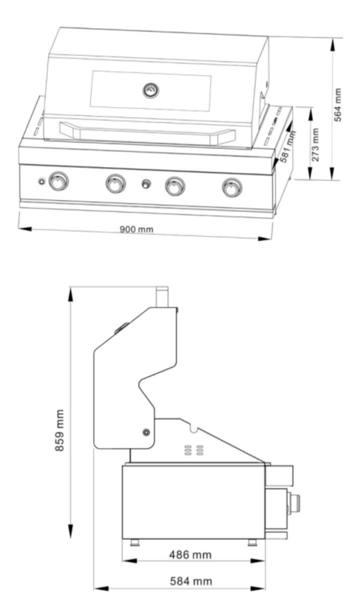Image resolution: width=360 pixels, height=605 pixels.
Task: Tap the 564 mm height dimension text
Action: click(x=339, y=104)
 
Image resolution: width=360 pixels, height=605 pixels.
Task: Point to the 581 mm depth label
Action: click(x=286, y=147)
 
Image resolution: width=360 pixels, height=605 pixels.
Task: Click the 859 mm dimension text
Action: click(x=59, y=431)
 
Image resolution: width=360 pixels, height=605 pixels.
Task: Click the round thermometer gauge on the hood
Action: click(x=151, y=90)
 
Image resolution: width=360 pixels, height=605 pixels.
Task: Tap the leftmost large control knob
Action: click(x=58, y=181)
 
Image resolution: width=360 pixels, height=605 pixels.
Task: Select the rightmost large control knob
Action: click(x=231, y=187)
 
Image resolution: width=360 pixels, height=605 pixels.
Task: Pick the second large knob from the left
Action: click(x=115, y=183)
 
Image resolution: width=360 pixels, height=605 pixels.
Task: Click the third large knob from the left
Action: click(x=174, y=186)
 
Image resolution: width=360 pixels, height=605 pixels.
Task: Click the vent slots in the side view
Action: click(x=194, y=450)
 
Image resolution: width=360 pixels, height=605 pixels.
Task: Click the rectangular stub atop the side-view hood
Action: click(x=162, y=297)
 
